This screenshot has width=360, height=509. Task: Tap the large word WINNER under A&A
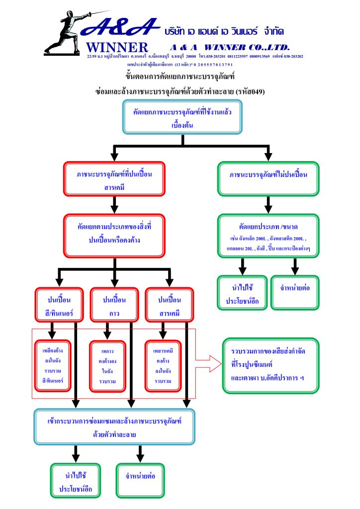pyautogui.click(x=117, y=48)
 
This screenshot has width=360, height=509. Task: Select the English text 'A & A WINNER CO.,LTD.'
pyautogui.click(x=229, y=47)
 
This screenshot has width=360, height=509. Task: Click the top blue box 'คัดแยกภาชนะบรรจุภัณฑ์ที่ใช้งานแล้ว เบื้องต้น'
pyautogui.click(x=182, y=117)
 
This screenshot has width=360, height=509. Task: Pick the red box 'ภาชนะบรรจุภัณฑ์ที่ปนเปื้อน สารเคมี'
pyautogui.click(x=114, y=179)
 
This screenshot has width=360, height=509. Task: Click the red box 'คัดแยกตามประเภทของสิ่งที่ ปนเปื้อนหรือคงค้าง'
pyautogui.click(x=114, y=236)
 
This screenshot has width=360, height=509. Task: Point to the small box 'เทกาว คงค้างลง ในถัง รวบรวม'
pyautogui.click(x=107, y=365)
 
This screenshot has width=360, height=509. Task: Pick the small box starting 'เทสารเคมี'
pyautogui.click(x=163, y=365)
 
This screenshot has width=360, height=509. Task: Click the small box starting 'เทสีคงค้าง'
pyautogui.click(x=52, y=365)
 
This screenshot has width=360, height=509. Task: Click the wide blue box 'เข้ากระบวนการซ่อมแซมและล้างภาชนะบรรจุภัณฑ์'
pyautogui.click(x=114, y=426)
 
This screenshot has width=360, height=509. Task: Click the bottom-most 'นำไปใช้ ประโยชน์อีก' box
pyautogui.click(x=76, y=480)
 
